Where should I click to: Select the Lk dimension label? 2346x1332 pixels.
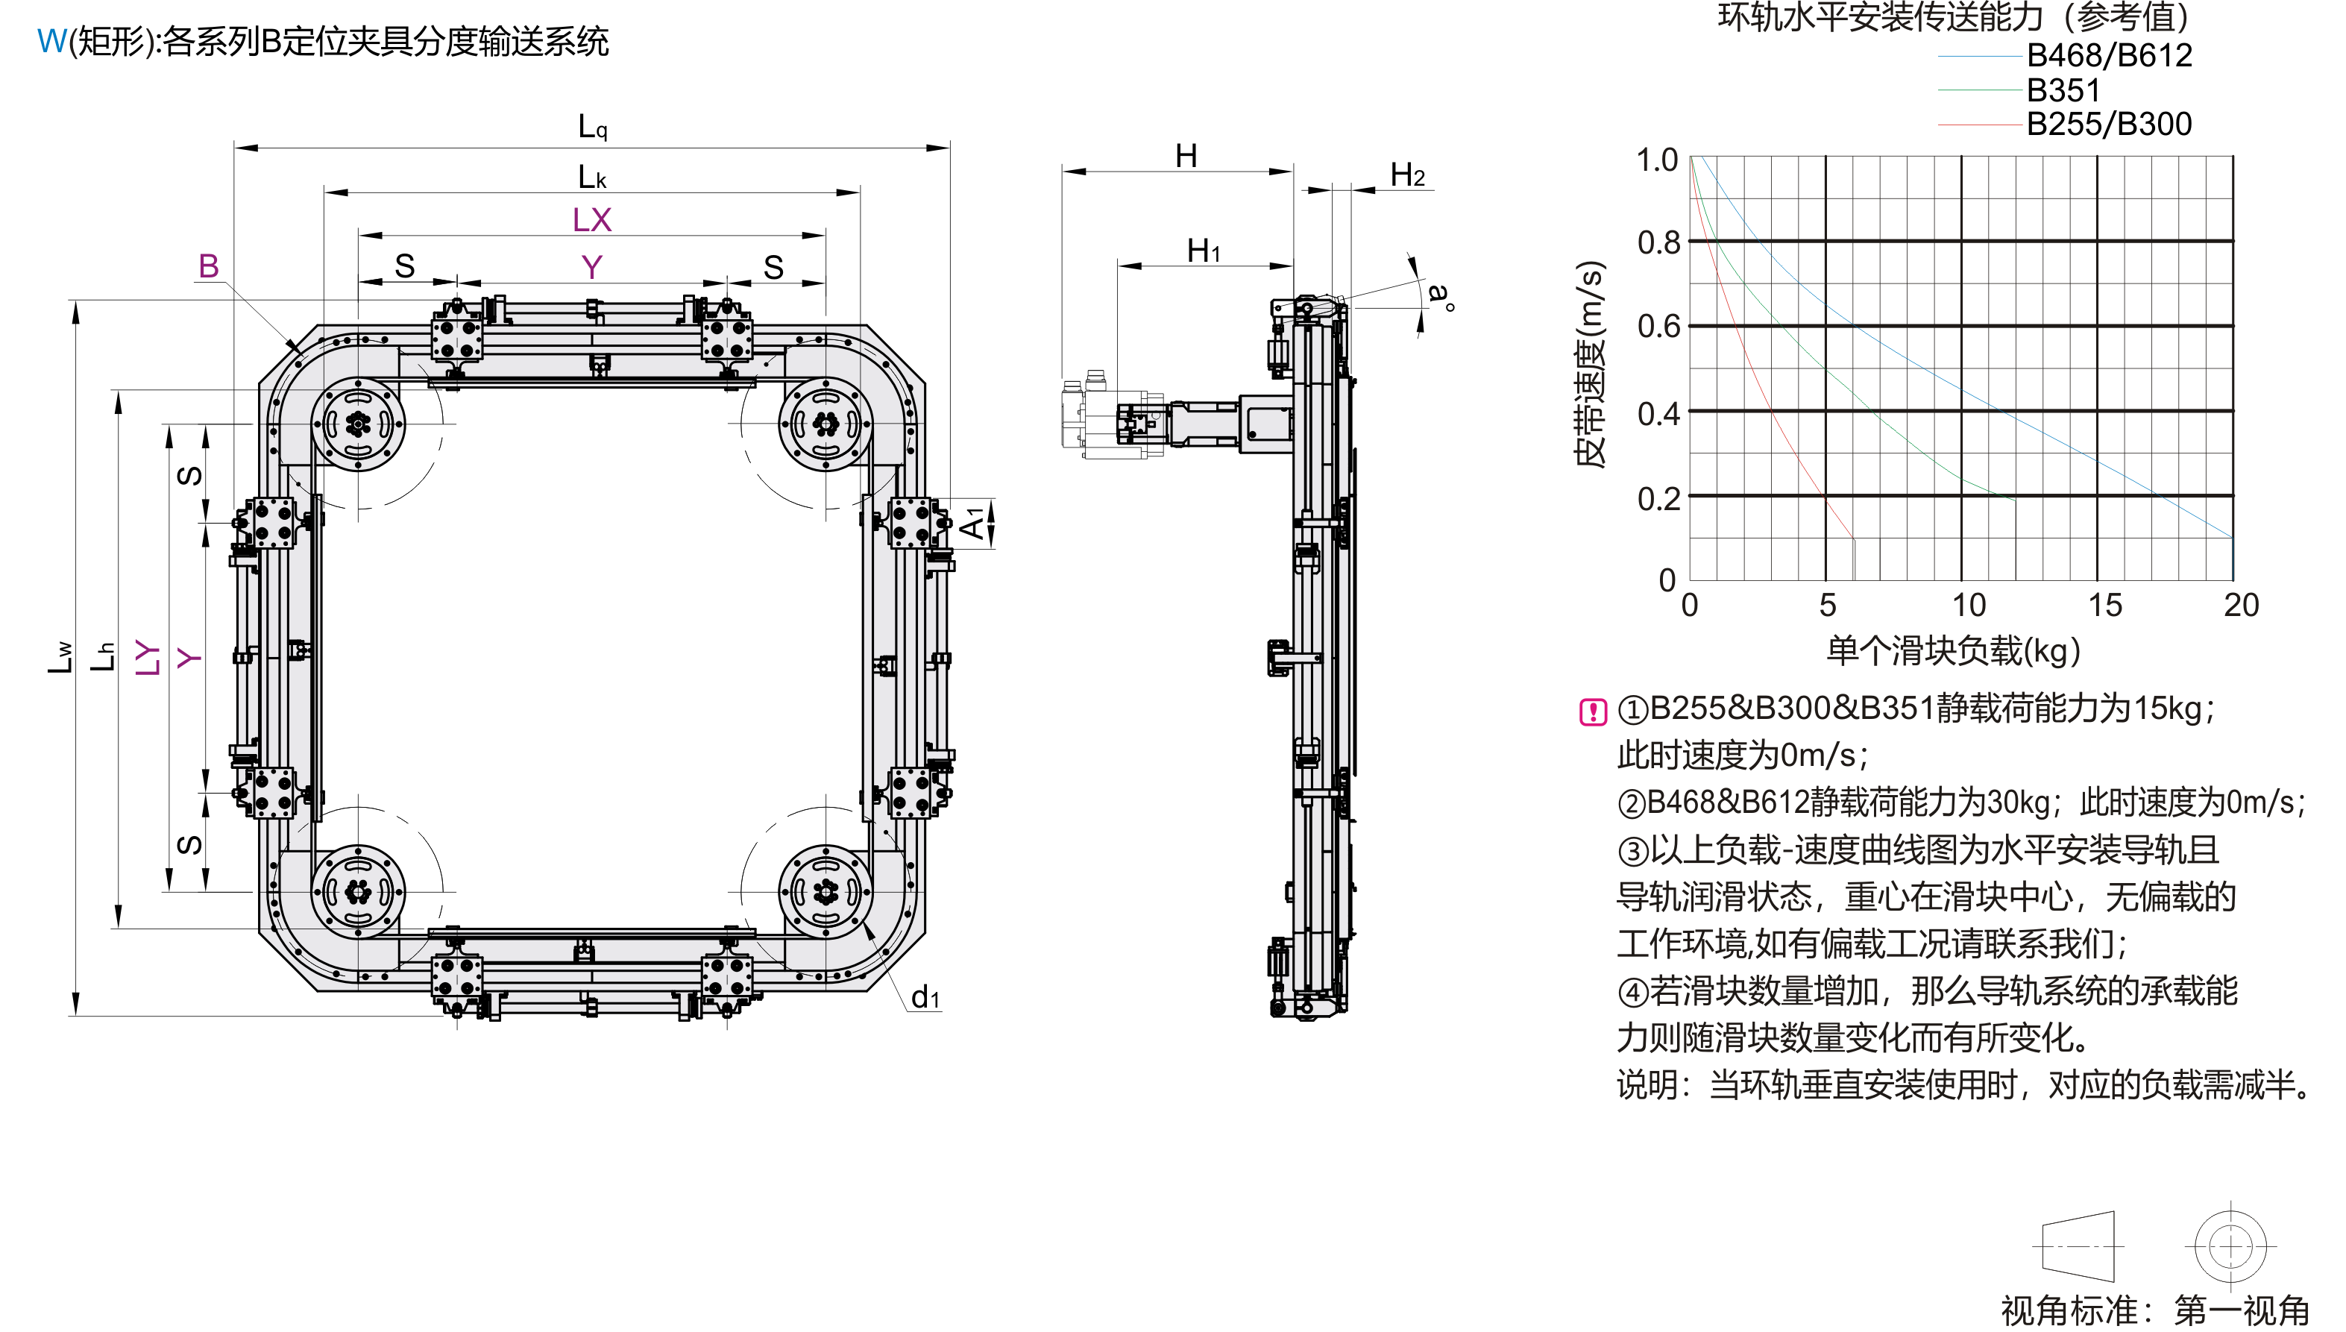[x=592, y=177]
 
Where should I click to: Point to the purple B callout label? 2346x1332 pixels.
[x=209, y=266]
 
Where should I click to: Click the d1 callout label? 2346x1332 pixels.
[x=925, y=996]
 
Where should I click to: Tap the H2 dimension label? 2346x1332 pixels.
[x=1406, y=175]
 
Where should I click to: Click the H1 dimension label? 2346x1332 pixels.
[x=1203, y=251]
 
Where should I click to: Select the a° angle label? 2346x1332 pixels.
[x=1440, y=295]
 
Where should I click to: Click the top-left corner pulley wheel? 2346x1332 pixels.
[x=358, y=424]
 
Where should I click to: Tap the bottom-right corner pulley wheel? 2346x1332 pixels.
[x=825, y=891]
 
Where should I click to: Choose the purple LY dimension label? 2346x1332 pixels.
[x=147, y=657]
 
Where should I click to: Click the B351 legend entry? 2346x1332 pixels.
[x=2063, y=90]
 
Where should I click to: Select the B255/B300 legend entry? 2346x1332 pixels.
[x=2108, y=125]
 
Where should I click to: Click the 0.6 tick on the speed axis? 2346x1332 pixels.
[x=1657, y=327]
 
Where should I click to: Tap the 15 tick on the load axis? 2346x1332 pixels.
[x=2104, y=605]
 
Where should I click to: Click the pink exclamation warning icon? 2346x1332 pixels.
[x=1592, y=711]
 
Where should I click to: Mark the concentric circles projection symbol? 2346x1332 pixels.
[x=2230, y=1246]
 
